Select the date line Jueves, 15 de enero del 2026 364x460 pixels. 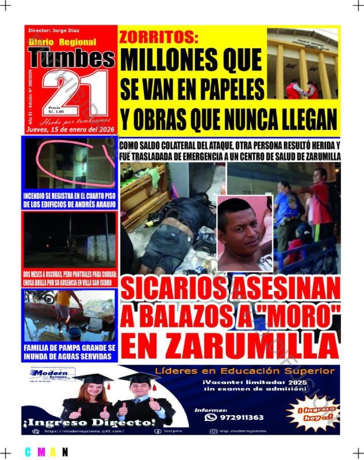point(71,130)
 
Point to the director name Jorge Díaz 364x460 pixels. point(54,30)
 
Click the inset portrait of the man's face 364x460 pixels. point(242,230)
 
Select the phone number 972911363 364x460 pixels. point(242,417)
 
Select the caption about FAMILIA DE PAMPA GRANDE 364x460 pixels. point(70,352)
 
